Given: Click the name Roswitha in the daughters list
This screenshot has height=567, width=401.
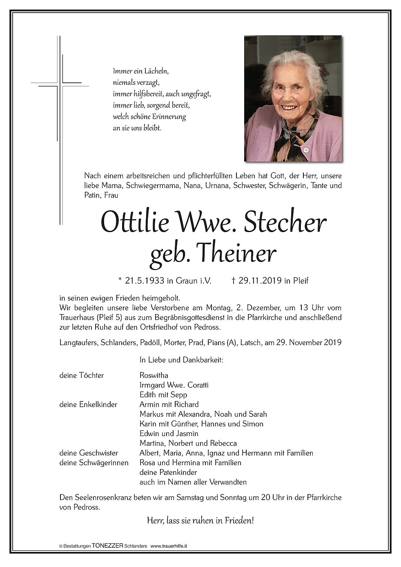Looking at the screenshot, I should click(154, 375).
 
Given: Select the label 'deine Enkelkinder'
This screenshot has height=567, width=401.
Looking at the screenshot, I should click(88, 405).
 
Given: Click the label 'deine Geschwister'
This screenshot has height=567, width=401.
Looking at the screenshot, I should click(89, 453).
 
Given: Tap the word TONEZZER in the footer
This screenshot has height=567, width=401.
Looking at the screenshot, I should click(108, 545).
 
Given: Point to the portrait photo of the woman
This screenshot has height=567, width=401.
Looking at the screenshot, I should click(293, 98).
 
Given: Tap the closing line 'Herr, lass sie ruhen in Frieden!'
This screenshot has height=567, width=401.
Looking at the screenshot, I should click(200, 521).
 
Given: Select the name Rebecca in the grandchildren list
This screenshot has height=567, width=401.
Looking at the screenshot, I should click(223, 443).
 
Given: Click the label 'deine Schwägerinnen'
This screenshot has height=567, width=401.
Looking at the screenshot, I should click(94, 463).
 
